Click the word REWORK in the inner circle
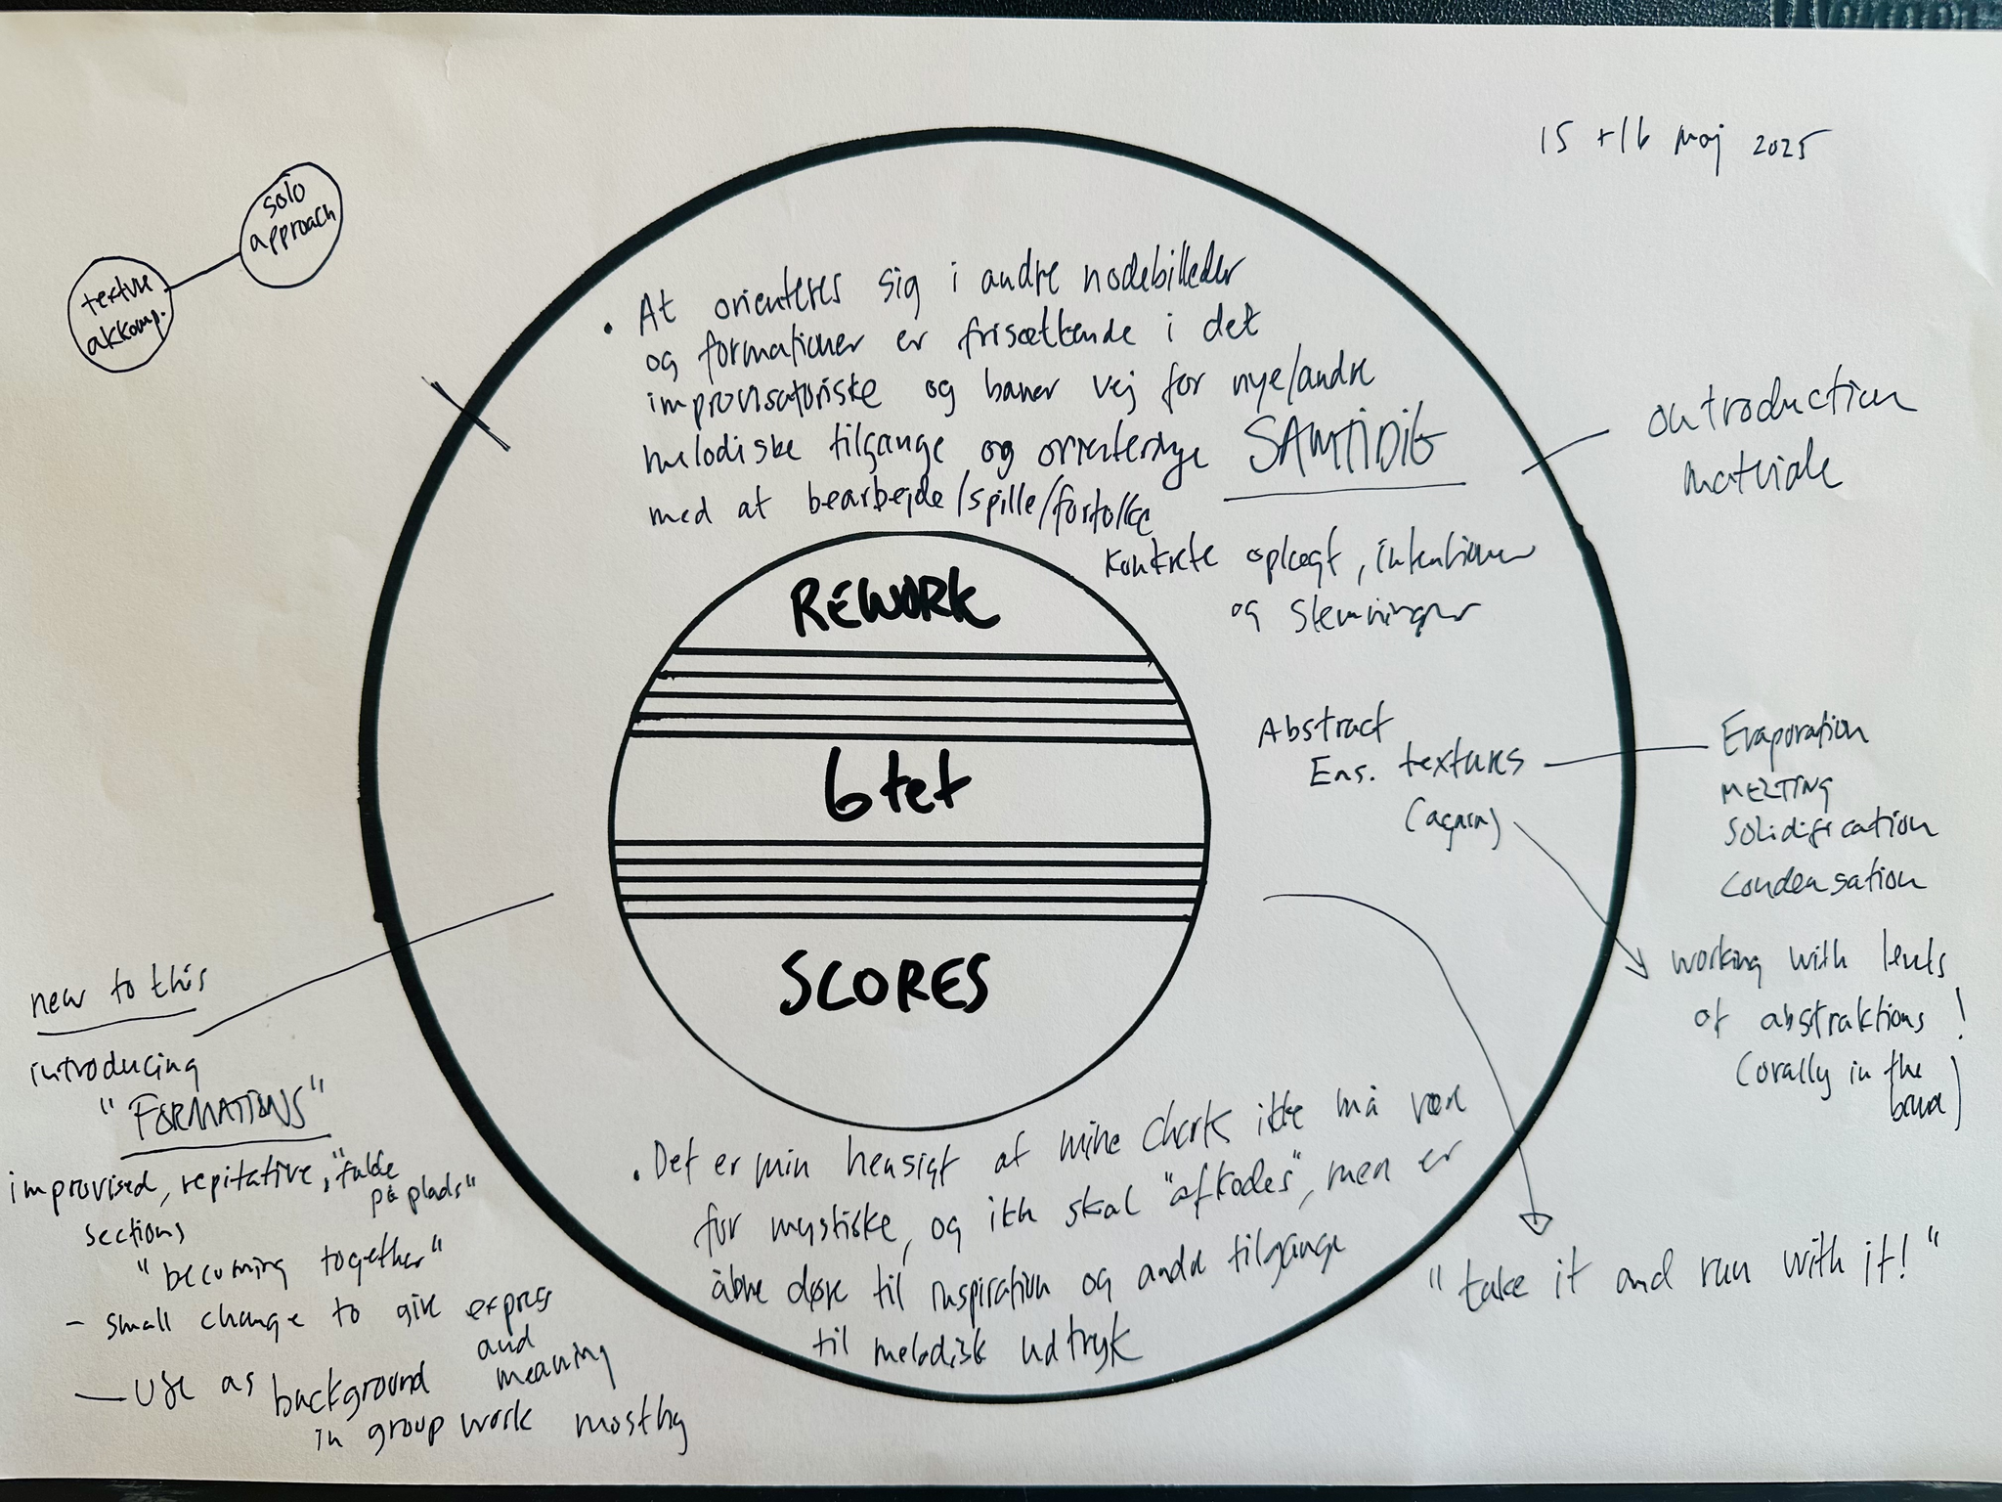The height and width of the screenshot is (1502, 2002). (x=892, y=607)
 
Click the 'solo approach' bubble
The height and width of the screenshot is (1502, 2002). (x=290, y=231)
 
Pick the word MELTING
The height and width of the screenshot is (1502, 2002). (x=1776, y=791)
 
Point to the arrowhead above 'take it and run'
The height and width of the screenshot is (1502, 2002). (x=1537, y=1221)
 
